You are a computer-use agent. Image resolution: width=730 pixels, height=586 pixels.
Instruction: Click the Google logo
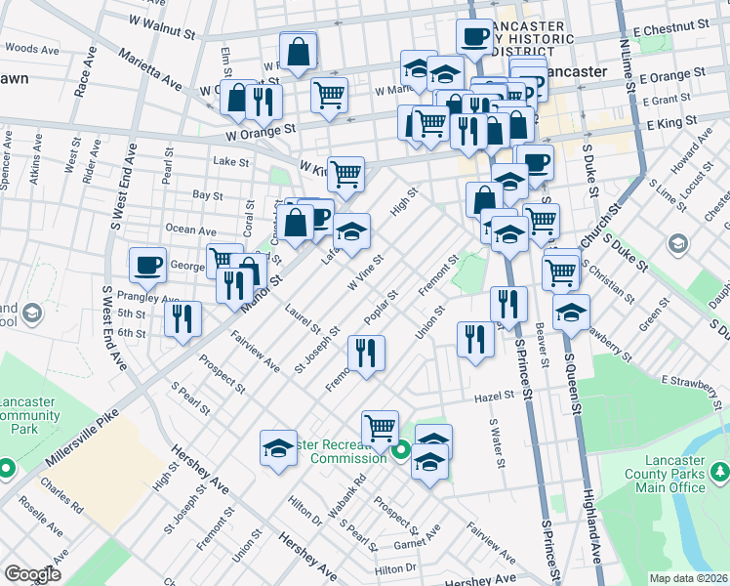[x=31, y=574]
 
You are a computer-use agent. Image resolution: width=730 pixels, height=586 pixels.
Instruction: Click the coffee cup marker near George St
[x=148, y=266]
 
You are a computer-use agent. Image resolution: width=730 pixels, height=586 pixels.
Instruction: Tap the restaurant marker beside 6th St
[x=182, y=317]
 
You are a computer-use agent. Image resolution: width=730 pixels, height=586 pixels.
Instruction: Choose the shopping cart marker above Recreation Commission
[x=379, y=427]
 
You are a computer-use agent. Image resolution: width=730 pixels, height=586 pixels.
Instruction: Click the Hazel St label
[x=495, y=396]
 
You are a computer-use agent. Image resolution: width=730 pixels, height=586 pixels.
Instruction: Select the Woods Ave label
[x=33, y=48]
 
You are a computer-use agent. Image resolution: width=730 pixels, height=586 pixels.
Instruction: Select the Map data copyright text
[x=689, y=578]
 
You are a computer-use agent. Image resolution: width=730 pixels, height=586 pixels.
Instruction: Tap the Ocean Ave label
[x=190, y=230]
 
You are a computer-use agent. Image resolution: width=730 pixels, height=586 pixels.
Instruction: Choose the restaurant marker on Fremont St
[x=365, y=354]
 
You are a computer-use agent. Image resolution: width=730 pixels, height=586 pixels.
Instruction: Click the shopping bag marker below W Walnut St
[x=298, y=52]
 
